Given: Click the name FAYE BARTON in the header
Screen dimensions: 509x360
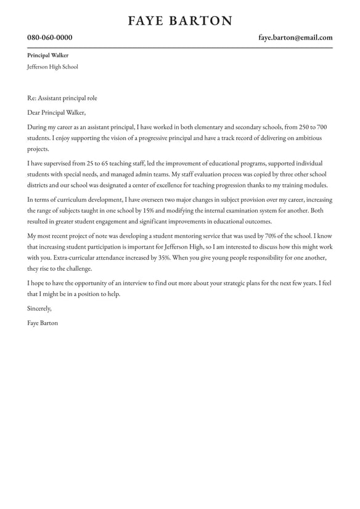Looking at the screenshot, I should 180,21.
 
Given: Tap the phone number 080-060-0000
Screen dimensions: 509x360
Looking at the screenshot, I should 50,38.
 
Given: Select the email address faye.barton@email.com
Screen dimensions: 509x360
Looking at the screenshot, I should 295,38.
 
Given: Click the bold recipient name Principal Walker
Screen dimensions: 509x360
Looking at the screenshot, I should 48,56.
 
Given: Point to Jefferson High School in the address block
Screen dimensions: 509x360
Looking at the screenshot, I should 53,67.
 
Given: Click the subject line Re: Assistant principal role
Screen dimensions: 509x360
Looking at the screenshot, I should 62,98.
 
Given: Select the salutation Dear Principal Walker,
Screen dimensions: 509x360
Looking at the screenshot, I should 57,113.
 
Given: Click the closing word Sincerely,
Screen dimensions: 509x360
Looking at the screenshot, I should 40,308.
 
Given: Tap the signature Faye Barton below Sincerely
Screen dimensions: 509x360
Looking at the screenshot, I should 43,323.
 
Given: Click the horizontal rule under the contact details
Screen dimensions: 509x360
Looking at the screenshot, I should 180,48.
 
